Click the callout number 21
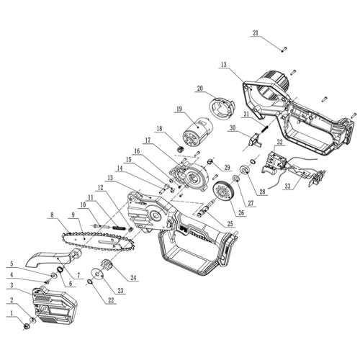(255, 33)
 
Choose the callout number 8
(52, 214)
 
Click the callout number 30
(232, 128)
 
